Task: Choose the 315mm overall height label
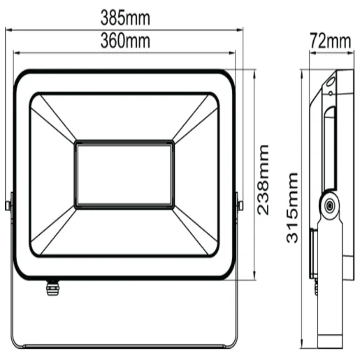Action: tap(294, 208)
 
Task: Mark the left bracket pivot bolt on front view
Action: tap(8, 206)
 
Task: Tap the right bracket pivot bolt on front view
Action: tap(240, 206)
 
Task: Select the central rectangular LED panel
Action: tap(124, 174)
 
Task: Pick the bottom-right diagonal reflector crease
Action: tap(193, 231)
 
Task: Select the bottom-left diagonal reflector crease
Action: tap(53, 231)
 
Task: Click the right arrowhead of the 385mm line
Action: tap(243, 29)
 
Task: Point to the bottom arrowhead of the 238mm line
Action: tap(253, 277)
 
